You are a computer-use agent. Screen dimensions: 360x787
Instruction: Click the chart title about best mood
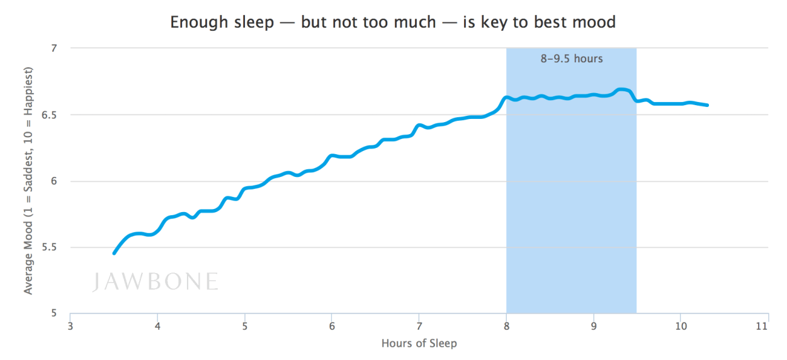coord(393,22)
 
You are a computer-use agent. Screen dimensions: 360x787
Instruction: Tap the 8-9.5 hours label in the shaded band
coord(571,59)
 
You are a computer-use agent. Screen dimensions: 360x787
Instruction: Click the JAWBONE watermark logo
coord(155,281)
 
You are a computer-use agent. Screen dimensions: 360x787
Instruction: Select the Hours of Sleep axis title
coord(419,344)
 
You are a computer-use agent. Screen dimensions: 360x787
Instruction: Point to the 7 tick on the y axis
coord(54,48)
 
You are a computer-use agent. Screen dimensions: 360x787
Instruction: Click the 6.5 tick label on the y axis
coord(50,115)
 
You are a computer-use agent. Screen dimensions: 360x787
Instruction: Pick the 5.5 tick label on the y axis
coord(50,247)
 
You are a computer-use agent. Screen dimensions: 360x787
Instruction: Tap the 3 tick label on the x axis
coord(70,326)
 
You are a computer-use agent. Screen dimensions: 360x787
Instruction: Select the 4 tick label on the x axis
coord(157,326)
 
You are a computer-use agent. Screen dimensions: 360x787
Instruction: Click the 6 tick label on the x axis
coord(332,326)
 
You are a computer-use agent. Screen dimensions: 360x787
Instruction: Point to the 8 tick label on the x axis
coord(506,326)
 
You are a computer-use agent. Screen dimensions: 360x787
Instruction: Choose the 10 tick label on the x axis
coord(680,326)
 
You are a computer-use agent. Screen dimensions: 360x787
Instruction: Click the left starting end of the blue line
coord(114,253)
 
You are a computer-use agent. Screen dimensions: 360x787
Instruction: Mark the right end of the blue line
coord(707,105)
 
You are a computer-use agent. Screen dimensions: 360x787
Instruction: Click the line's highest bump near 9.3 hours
coord(623,90)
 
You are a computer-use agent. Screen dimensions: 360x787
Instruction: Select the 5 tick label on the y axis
coord(54,313)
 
